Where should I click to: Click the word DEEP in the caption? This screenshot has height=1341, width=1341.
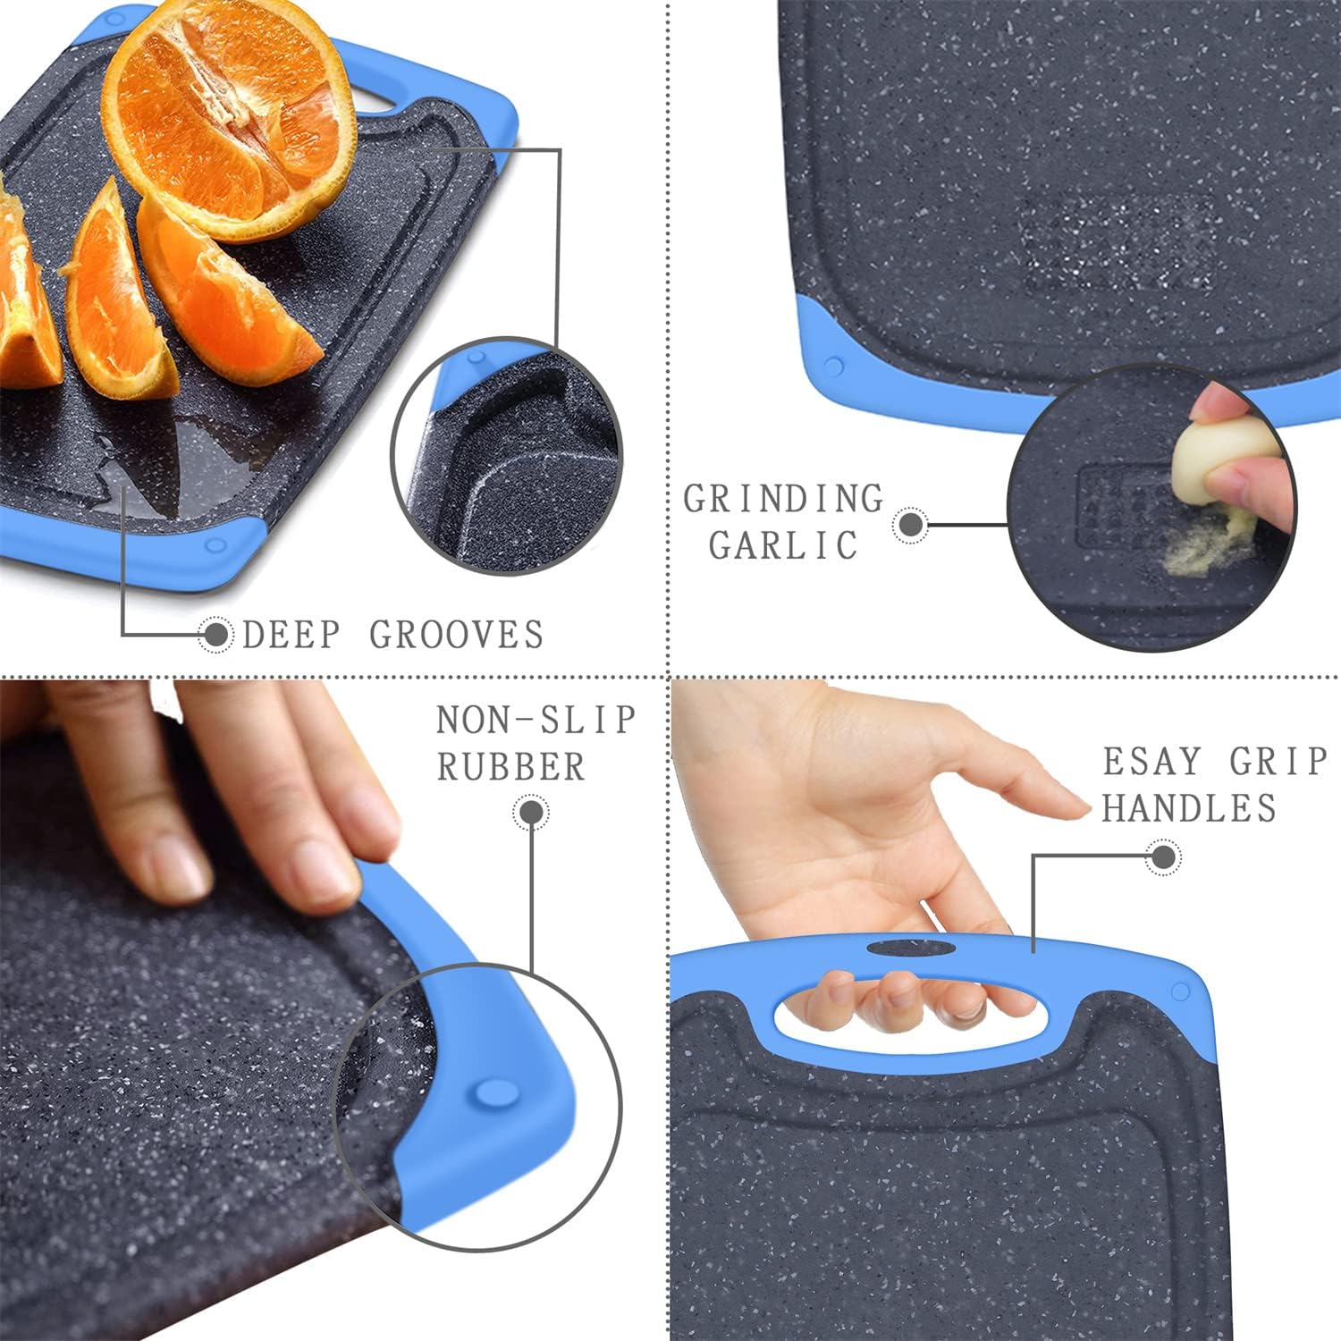click(291, 635)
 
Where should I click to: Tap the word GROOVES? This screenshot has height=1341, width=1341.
click(457, 635)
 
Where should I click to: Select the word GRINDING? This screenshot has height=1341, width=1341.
click(784, 499)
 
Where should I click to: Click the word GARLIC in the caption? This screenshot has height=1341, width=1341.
click(784, 545)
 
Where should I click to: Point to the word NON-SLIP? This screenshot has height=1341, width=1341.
click(536, 720)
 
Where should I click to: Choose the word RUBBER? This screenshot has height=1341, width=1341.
click(510, 767)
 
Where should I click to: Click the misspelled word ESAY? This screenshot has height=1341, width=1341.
click(1151, 762)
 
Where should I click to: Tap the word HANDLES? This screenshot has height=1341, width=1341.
click(1189, 808)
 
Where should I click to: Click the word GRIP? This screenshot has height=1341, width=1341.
click(1278, 762)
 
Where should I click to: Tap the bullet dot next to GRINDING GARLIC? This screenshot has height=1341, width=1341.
click(911, 525)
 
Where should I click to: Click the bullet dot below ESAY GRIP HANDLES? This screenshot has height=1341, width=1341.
click(1163, 857)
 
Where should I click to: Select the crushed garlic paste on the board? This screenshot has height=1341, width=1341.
click(1202, 548)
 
